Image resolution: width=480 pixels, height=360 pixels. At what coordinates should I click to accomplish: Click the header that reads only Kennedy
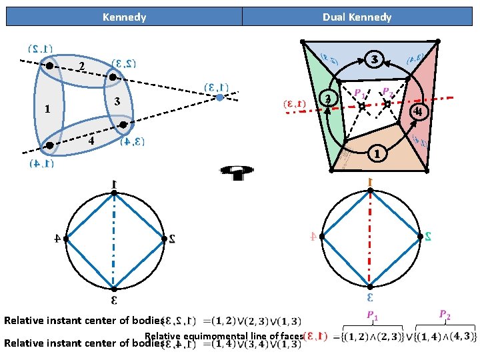click(124, 17)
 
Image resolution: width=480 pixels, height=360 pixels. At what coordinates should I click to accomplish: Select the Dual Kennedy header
click(357, 17)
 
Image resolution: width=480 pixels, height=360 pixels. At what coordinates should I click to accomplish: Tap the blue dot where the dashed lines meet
click(219, 98)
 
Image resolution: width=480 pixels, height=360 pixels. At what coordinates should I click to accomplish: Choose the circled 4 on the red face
click(417, 110)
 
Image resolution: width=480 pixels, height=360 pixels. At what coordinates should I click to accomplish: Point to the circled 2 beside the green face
click(327, 99)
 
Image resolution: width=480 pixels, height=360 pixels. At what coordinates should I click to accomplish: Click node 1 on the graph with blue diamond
click(114, 193)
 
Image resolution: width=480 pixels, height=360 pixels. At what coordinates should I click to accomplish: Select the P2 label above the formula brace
click(445, 314)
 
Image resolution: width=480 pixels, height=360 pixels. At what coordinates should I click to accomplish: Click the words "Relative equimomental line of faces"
click(223, 336)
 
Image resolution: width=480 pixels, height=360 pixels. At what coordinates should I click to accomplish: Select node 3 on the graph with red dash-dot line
click(370, 288)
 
